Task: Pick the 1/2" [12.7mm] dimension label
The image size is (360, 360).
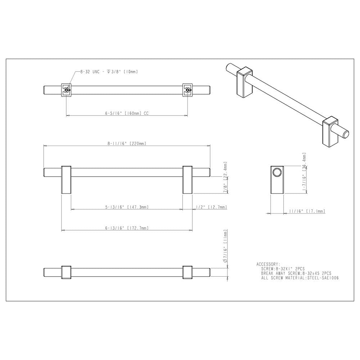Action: [211, 207]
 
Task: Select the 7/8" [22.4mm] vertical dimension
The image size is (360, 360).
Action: [225, 179]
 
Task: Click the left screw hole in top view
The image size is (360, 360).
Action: [66, 90]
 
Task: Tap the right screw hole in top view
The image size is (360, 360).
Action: [188, 90]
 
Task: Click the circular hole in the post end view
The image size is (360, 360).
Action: [278, 173]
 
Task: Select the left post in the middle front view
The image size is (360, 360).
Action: [66, 180]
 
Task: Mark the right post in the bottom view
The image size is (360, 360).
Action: [188, 272]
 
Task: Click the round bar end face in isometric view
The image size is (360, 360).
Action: [347, 135]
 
